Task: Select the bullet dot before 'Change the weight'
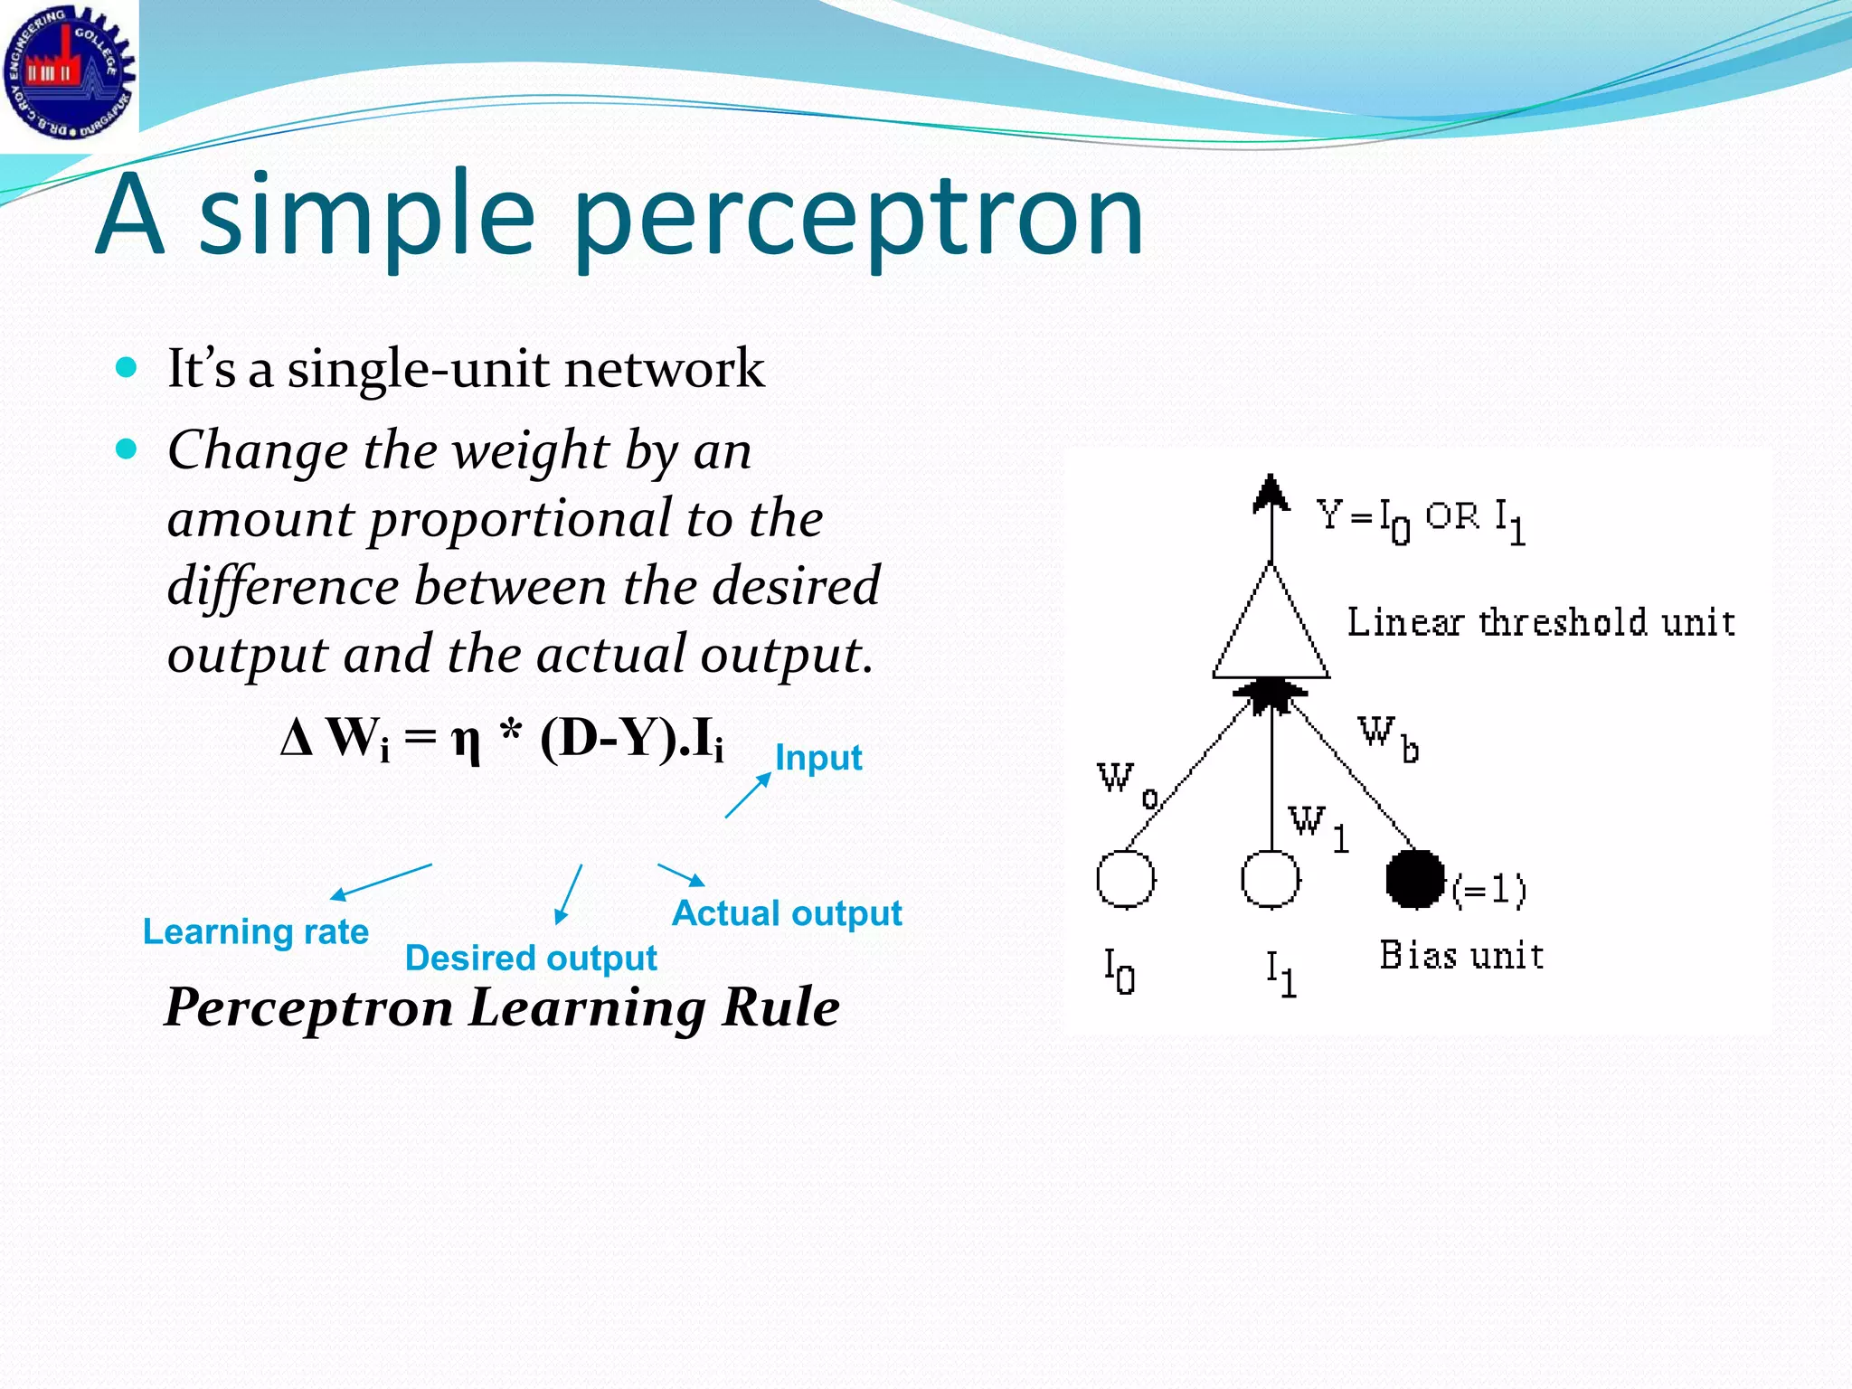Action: coord(127,449)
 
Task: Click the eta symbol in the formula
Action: coord(466,742)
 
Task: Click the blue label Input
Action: coord(817,758)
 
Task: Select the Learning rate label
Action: coord(255,931)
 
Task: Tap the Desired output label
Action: coord(530,958)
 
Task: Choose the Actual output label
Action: coord(786,913)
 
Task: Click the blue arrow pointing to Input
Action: coord(747,797)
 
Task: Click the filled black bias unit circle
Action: coord(1414,878)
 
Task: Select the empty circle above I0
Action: coord(1125,878)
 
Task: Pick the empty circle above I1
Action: coord(1270,878)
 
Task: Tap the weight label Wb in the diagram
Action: coord(1387,737)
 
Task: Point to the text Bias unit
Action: coord(1460,956)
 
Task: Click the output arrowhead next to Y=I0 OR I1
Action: coord(1271,493)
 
